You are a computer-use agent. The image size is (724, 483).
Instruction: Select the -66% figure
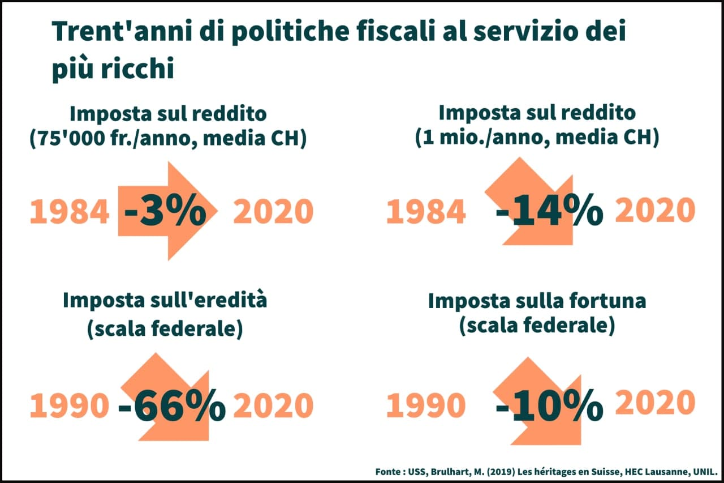point(172,406)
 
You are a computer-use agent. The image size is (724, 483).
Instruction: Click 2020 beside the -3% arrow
point(273,212)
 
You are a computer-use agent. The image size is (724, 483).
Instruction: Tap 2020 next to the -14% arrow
point(654,210)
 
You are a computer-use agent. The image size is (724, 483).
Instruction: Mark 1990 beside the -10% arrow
point(426,406)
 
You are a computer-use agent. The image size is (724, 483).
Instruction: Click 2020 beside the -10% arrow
point(654,403)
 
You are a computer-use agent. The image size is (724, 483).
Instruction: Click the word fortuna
point(609,301)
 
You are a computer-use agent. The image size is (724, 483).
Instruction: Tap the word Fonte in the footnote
point(389,471)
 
